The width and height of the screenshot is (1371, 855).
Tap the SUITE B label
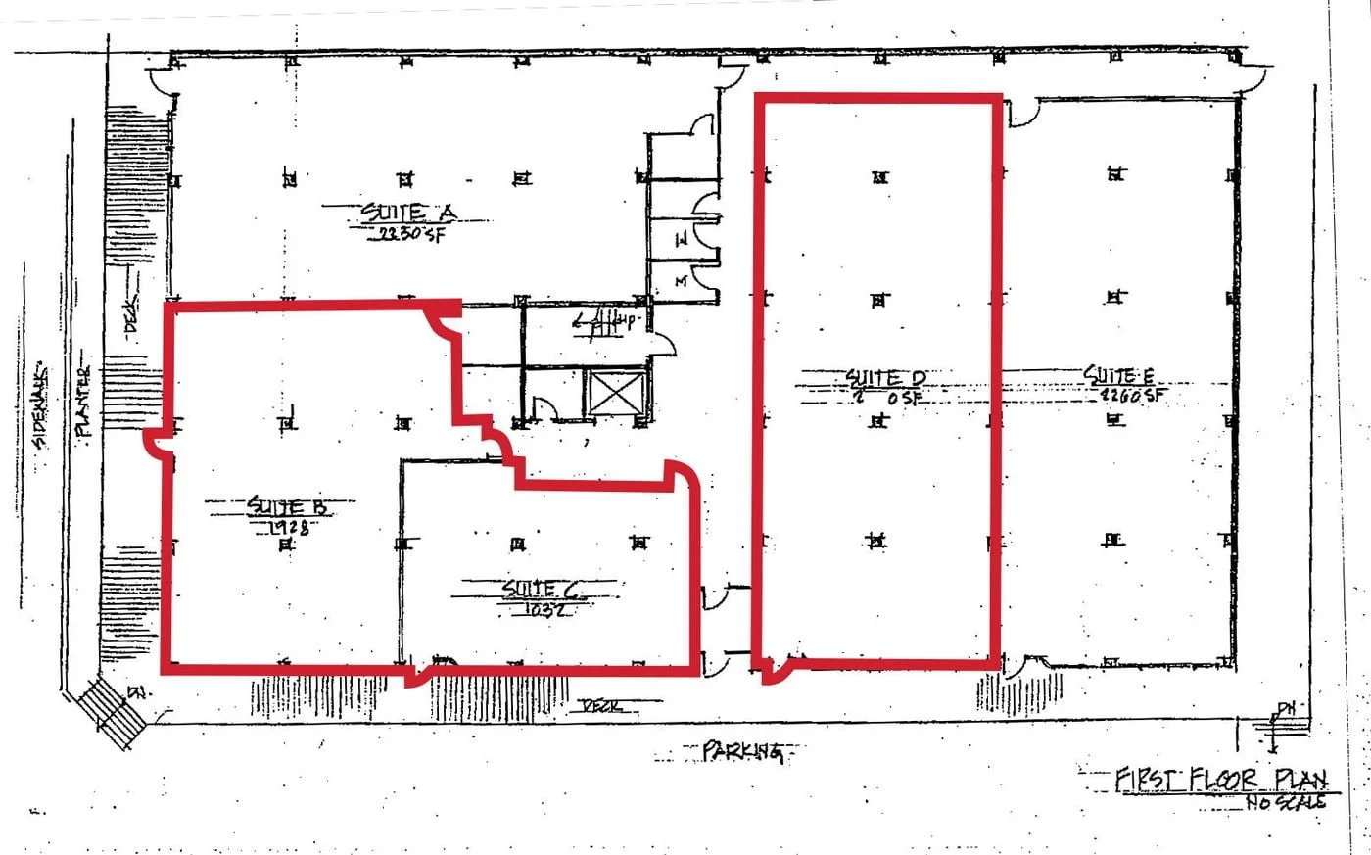(x=287, y=506)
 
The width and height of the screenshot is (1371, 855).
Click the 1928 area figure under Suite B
(x=288, y=527)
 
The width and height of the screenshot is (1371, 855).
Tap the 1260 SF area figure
(x=1134, y=396)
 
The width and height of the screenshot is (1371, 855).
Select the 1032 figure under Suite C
(x=542, y=608)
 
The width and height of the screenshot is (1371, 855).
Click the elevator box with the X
(x=615, y=397)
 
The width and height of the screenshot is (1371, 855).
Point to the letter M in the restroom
(x=682, y=281)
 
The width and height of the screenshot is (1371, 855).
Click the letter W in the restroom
(x=683, y=238)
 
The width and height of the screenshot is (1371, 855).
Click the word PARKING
(x=743, y=751)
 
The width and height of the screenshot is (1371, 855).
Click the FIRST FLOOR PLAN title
(x=1221, y=780)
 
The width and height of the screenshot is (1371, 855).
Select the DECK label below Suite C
(x=603, y=705)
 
